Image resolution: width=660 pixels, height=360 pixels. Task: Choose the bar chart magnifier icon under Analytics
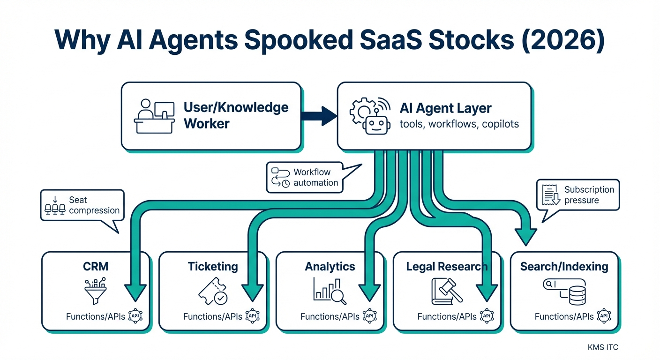tap(330, 290)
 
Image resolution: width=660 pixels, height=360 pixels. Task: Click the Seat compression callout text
tap(94, 205)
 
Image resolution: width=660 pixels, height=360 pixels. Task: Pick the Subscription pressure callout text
tap(589, 195)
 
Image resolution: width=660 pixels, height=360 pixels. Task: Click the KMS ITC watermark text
tap(602, 347)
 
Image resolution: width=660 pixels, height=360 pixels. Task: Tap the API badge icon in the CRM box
tap(135, 316)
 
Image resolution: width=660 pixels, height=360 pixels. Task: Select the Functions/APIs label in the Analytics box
tap(330, 317)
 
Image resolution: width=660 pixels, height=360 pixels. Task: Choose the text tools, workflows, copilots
tap(459, 125)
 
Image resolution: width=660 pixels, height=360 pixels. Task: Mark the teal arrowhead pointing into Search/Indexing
tap(525, 236)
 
